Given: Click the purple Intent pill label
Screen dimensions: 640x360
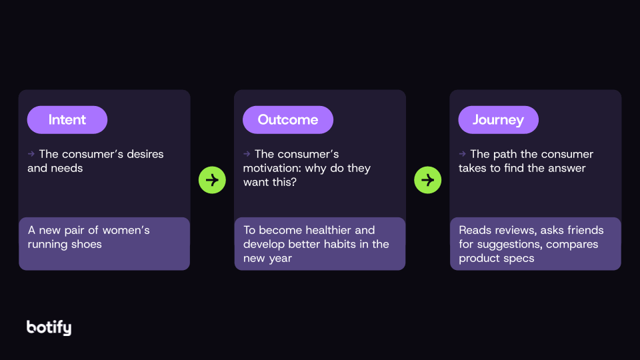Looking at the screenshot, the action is pyautogui.click(x=67, y=120).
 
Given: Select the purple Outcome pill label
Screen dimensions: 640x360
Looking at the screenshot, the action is pyautogui.click(x=287, y=120).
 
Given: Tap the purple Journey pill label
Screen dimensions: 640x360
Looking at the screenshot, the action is pyautogui.click(x=498, y=120).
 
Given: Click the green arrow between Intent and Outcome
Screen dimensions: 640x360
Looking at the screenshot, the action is pyautogui.click(x=212, y=180).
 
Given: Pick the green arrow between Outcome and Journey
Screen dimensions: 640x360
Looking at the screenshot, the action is pyautogui.click(x=427, y=180).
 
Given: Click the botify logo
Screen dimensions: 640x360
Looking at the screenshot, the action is pyautogui.click(x=49, y=327).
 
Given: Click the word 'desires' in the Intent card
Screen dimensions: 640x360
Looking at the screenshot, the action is pyautogui.click(x=139, y=154).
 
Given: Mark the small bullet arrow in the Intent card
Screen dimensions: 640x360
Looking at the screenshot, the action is pyautogui.click(x=31, y=154).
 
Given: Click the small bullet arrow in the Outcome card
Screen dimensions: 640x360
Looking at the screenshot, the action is pyautogui.click(x=247, y=154).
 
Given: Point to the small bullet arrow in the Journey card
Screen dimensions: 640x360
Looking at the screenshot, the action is pyautogui.click(x=462, y=154).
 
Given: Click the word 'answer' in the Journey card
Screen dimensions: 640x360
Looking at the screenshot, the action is pyautogui.click(x=566, y=168).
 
